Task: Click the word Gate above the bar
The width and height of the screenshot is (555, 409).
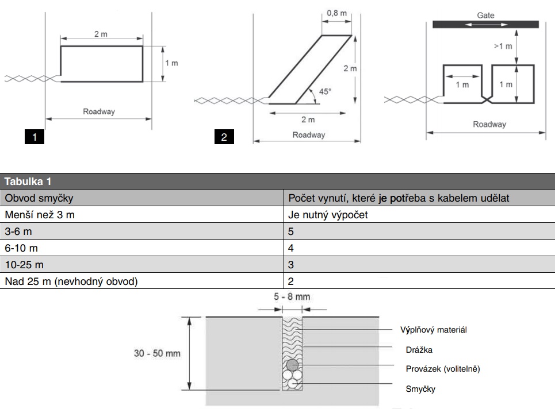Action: click(485, 16)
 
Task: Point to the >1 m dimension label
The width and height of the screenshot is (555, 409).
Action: click(503, 46)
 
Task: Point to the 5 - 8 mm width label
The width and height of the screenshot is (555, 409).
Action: click(293, 297)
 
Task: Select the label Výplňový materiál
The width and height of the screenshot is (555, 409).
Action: click(433, 330)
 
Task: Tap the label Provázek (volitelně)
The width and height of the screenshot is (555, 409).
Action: click(443, 369)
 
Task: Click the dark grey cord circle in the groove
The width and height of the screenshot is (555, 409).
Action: click(292, 364)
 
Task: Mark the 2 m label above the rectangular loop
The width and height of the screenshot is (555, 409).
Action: click(101, 34)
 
